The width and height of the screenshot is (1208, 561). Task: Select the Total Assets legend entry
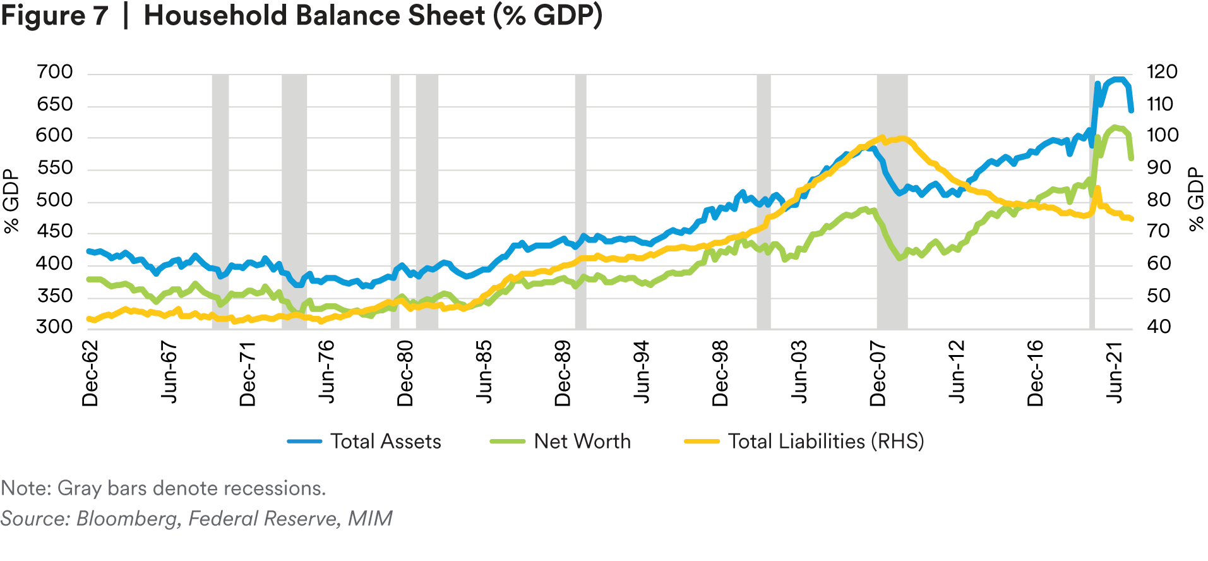point(385,441)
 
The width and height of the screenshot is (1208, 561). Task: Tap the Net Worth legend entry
point(582,441)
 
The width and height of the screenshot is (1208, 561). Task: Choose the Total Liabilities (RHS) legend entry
point(825,441)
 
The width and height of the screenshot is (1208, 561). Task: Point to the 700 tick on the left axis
point(55,72)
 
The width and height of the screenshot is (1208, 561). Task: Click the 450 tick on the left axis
point(55,232)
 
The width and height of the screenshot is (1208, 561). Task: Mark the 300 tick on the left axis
point(55,327)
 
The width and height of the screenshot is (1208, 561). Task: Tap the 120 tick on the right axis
point(1162,72)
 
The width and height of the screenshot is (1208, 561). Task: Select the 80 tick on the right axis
point(1159,200)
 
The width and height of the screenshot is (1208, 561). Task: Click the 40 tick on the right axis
point(1159,327)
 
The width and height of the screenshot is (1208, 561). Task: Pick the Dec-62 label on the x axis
point(90,373)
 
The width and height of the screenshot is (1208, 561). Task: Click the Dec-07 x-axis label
point(878,373)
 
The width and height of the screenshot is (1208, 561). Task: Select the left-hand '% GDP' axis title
point(12,202)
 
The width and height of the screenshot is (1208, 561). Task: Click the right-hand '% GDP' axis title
point(1196,199)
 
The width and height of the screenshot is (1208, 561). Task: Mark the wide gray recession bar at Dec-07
point(892,202)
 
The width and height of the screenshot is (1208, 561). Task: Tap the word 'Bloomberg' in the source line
point(126,519)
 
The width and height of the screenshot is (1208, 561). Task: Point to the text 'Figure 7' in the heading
point(54,16)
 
